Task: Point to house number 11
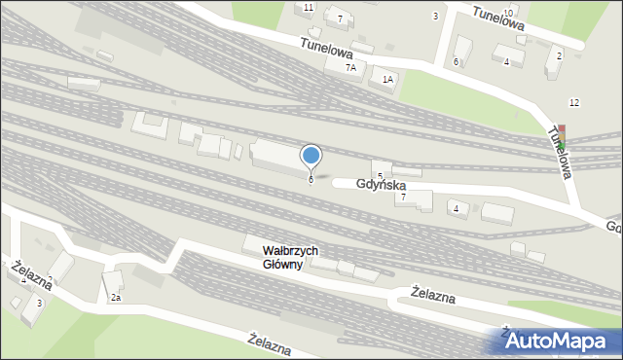coord(309,8)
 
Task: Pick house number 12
coord(574,102)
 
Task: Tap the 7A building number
coord(350,68)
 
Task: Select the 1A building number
coord(387,80)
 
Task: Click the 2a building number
coord(115,297)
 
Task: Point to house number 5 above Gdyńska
coord(380,175)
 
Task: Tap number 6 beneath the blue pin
coord(311,179)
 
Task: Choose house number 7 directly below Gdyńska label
coord(403,197)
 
